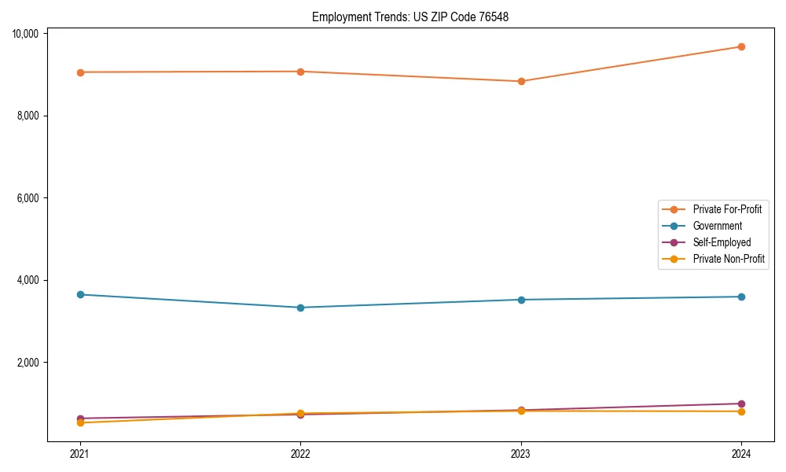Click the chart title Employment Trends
point(410,17)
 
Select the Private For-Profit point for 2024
point(741,46)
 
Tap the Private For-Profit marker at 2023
point(521,81)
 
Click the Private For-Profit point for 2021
point(79,72)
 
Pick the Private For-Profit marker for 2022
point(300,72)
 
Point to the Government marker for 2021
point(79,294)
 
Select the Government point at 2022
point(300,308)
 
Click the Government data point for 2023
point(521,300)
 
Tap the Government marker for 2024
point(741,297)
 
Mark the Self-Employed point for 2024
point(741,404)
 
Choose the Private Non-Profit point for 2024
point(741,411)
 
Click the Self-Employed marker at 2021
point(79,419)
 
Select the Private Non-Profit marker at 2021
point(79,423)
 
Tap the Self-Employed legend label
point(722,242)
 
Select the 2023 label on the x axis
point(521,453)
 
